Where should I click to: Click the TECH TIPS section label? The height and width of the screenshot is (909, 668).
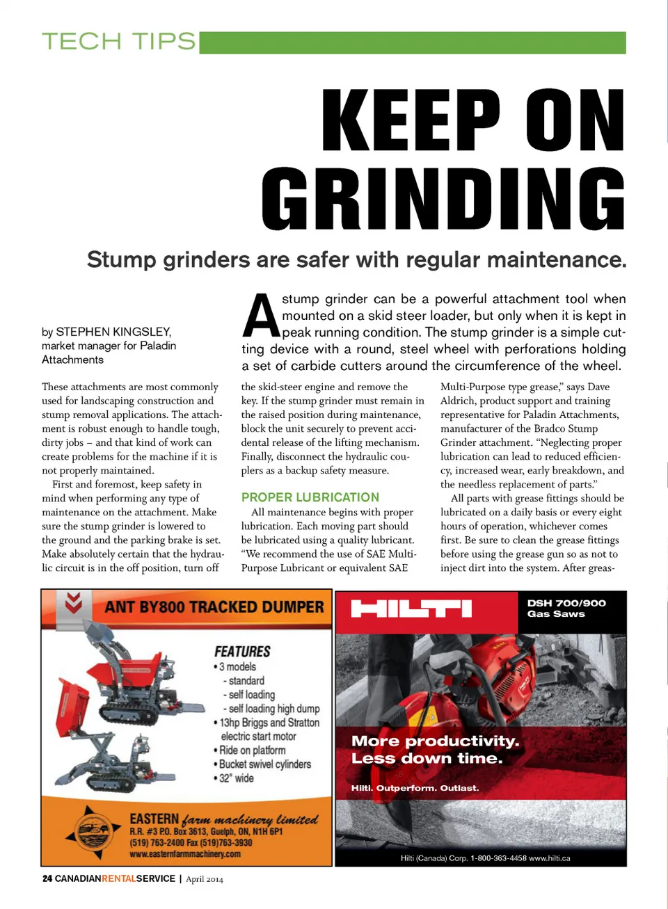(119, 42)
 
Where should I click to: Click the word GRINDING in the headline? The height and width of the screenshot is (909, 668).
(444, 199)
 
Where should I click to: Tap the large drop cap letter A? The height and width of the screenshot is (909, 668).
(260, 316)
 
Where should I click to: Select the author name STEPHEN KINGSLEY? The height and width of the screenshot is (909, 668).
(113, 332)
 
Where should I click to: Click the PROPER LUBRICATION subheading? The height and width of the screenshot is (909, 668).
(310, 497)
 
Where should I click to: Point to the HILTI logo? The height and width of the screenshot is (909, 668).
(411, 609)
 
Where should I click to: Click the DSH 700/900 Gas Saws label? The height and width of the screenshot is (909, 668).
(566, 609)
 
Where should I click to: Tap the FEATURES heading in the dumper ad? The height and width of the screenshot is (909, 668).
(242, 652)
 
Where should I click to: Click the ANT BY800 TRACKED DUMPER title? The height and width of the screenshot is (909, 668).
(214, 607)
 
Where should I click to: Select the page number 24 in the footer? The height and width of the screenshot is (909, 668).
(47, 879)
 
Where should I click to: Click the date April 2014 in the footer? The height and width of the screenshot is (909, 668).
(205, 879)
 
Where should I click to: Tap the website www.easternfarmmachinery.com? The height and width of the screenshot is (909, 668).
(185, 854)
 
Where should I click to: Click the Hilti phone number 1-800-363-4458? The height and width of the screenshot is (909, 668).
(498, 858)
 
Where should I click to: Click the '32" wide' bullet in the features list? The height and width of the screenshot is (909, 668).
(236, 778)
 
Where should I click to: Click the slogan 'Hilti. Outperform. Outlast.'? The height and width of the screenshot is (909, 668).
(415, 788)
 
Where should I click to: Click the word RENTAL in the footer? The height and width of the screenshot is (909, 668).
(118, 879)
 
